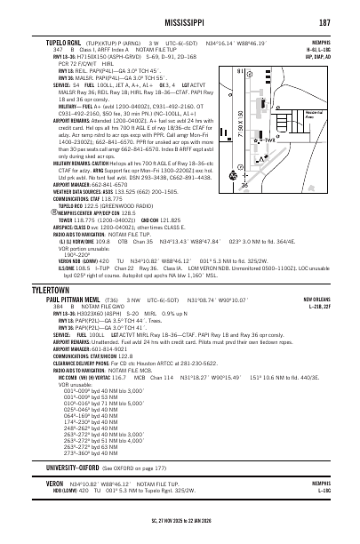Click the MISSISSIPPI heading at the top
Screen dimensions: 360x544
(179, 21)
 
